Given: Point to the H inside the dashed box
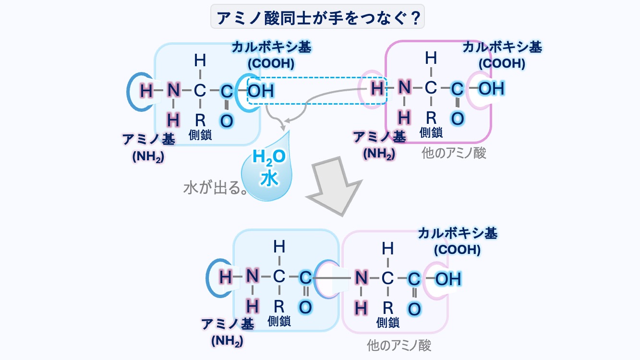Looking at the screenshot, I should coord(378,88).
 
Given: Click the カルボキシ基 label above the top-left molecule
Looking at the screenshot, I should coord(271,48).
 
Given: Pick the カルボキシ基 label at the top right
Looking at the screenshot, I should coord(502,48).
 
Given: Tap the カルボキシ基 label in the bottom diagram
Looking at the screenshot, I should coord(457,234).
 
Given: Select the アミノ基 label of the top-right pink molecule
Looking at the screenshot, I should coord(379,137).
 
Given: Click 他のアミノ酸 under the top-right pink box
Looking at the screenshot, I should coord(454,153).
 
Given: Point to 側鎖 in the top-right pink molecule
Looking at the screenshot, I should coord(431,132).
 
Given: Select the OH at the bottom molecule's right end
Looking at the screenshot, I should coord(448,279).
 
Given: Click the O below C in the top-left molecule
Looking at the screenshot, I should coord(226,120).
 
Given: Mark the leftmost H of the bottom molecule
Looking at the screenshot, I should coord(225,276).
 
